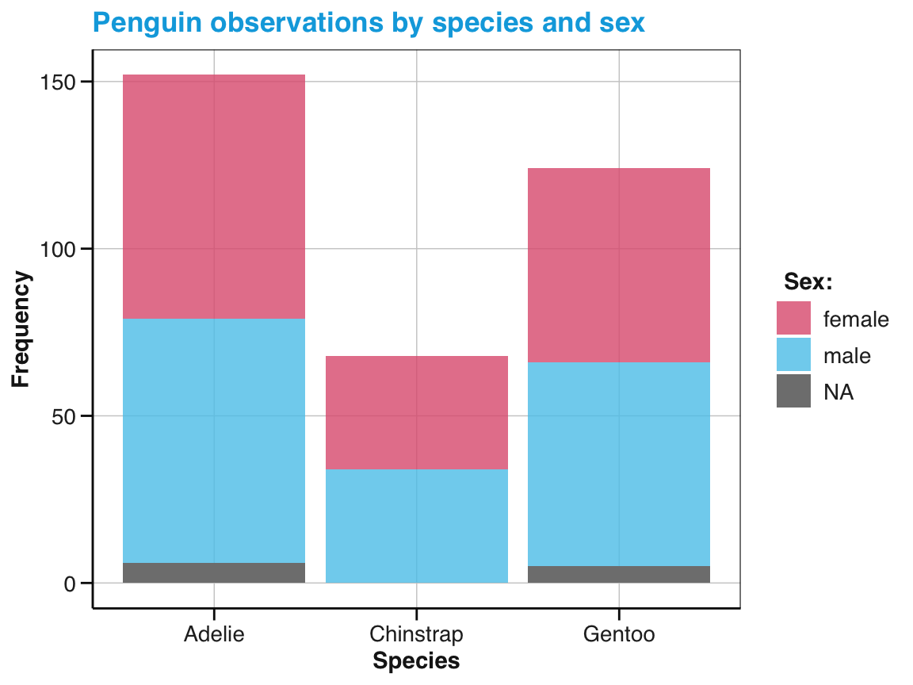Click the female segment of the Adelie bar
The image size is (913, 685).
[x=214, y=197]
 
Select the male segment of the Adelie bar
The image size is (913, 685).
[x=214, y=440]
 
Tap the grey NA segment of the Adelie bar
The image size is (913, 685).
[x=214, y=572]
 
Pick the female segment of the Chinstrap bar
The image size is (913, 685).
[x=417, y=412]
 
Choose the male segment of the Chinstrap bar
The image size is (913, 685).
[x=417, y=526]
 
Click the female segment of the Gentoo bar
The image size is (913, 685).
[x=619, y=265]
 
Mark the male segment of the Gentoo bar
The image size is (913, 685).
[x=619, y=464]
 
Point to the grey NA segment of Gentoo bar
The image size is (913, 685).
[x=619, y=574]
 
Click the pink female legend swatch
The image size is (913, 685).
[x=793, y=319]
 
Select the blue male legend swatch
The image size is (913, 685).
[x=793, y=355]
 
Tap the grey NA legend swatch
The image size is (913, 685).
[x=793, y=392]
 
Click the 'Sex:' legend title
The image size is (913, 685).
[x=808, y=281]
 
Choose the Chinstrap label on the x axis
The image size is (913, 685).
[x=417, y=634]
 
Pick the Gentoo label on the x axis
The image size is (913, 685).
[x=619, y=634]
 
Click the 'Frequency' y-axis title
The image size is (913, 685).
[x=21, y=329]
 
